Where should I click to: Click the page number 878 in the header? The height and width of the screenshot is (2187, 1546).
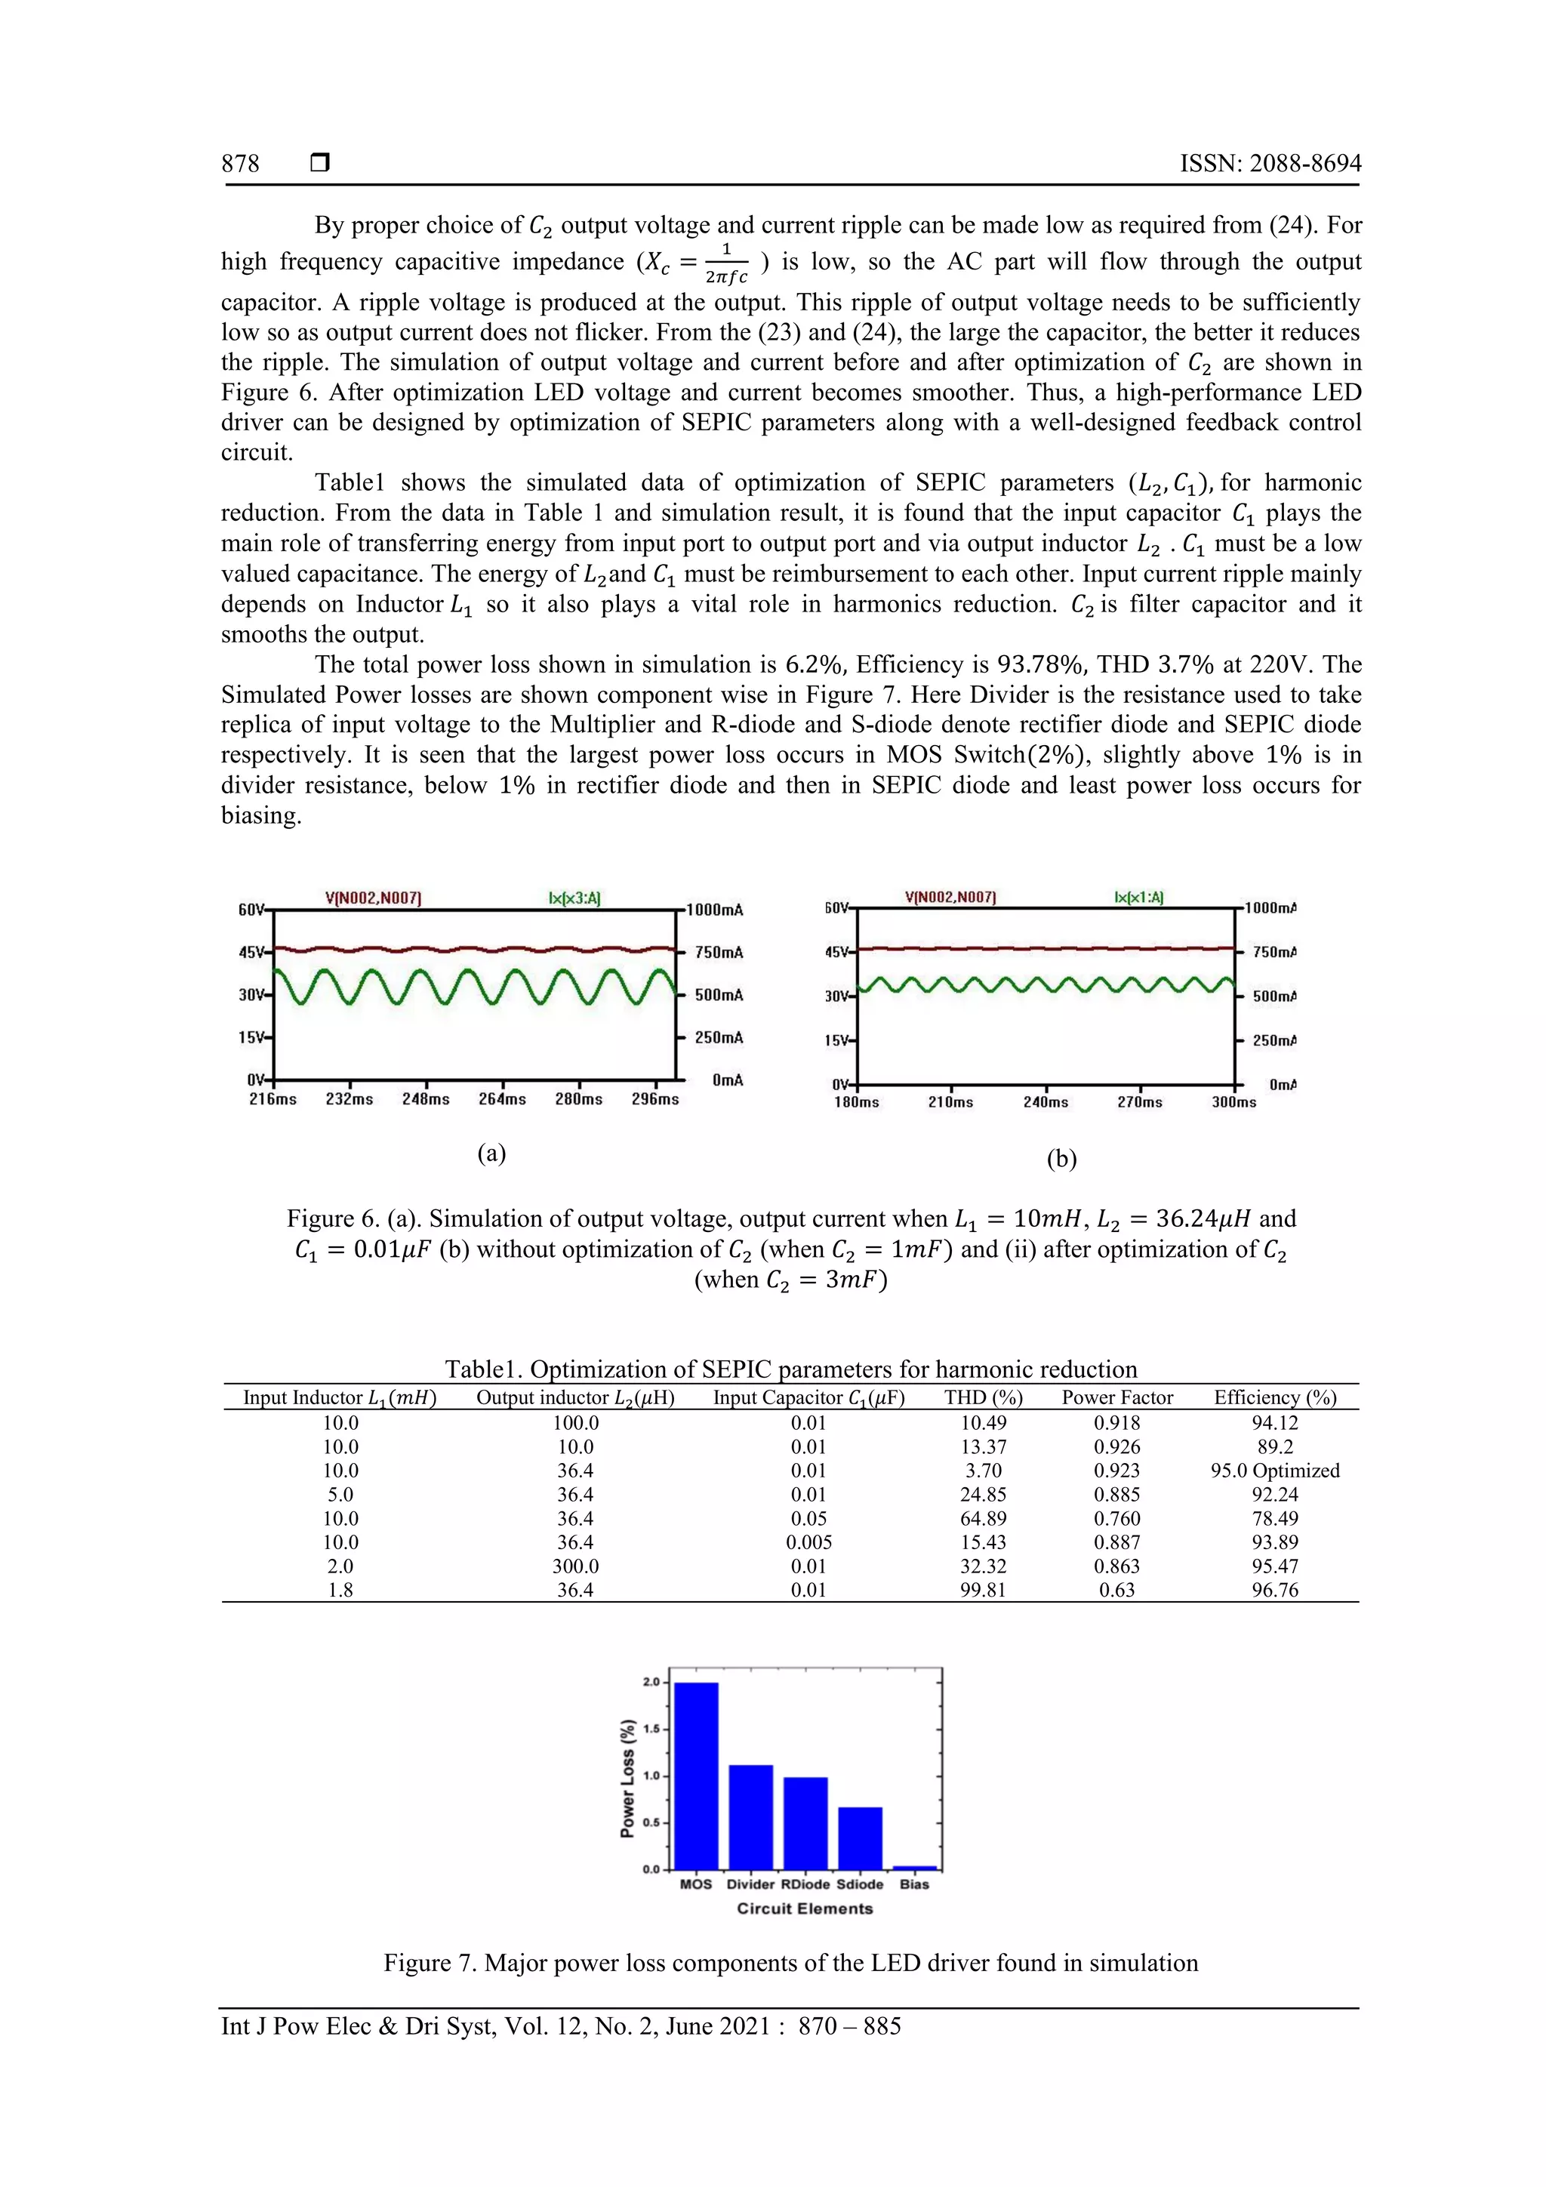point(240,164)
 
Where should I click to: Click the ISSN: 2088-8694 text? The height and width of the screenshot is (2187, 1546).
point(1270,164)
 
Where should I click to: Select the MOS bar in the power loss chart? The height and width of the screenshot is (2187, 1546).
point(695,1776)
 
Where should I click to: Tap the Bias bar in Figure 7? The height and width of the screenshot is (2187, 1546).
point(914,1868)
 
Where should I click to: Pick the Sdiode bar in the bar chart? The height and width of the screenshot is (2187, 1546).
point(859,1838)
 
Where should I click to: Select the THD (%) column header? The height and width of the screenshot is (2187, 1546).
point(983,1397)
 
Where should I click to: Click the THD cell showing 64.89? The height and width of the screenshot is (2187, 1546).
point(983,1518)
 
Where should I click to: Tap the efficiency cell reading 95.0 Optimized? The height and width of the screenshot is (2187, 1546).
point(1274,1471)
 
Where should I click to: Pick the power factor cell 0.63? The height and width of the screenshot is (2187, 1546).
point(1116,1590)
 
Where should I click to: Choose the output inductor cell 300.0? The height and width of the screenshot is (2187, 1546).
point(575,1566)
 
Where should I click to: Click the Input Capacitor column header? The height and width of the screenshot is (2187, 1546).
point(808,1397)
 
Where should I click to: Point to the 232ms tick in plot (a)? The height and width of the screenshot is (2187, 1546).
point(349,1099)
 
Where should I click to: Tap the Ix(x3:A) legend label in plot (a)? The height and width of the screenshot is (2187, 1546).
point(574,898)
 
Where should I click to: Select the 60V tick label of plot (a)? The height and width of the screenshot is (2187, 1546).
point(251,910)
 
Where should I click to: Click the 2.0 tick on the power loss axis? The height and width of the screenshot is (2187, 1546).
point(651,1682)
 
